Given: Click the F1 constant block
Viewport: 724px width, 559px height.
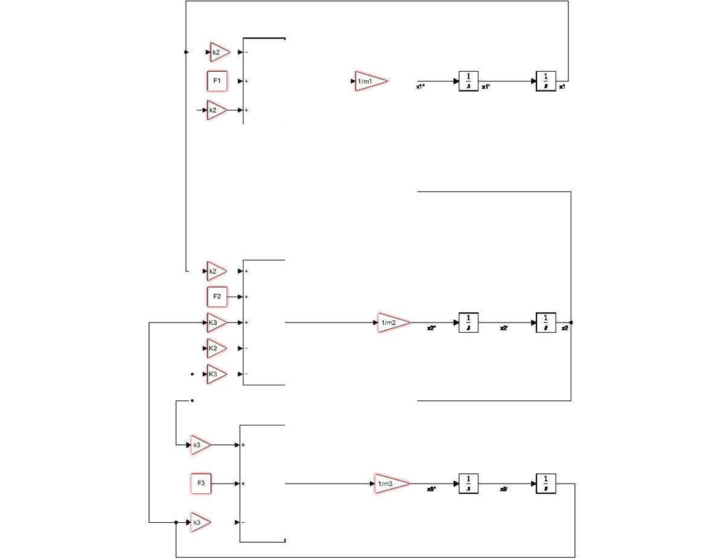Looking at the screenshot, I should (217, 81).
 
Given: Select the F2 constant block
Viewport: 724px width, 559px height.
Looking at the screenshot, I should (217, 297).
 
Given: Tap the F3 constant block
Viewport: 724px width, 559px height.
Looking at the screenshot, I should (201, 484).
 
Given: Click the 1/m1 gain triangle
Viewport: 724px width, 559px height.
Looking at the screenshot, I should (370, 81).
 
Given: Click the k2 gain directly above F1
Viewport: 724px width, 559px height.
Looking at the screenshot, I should (219, 52).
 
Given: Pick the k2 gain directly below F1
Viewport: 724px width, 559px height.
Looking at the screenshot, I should (216, 110).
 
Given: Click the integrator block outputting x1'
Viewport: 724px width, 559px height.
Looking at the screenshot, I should (468, 81).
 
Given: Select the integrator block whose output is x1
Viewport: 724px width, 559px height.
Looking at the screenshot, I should (545, 81).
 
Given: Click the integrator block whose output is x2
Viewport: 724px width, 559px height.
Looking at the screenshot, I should (545, 323).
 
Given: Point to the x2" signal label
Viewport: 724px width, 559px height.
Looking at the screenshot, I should (431, 329).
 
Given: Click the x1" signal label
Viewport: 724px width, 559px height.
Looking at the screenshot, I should (421, 87).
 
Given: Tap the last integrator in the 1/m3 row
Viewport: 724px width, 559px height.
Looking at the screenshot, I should (545, 484).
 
